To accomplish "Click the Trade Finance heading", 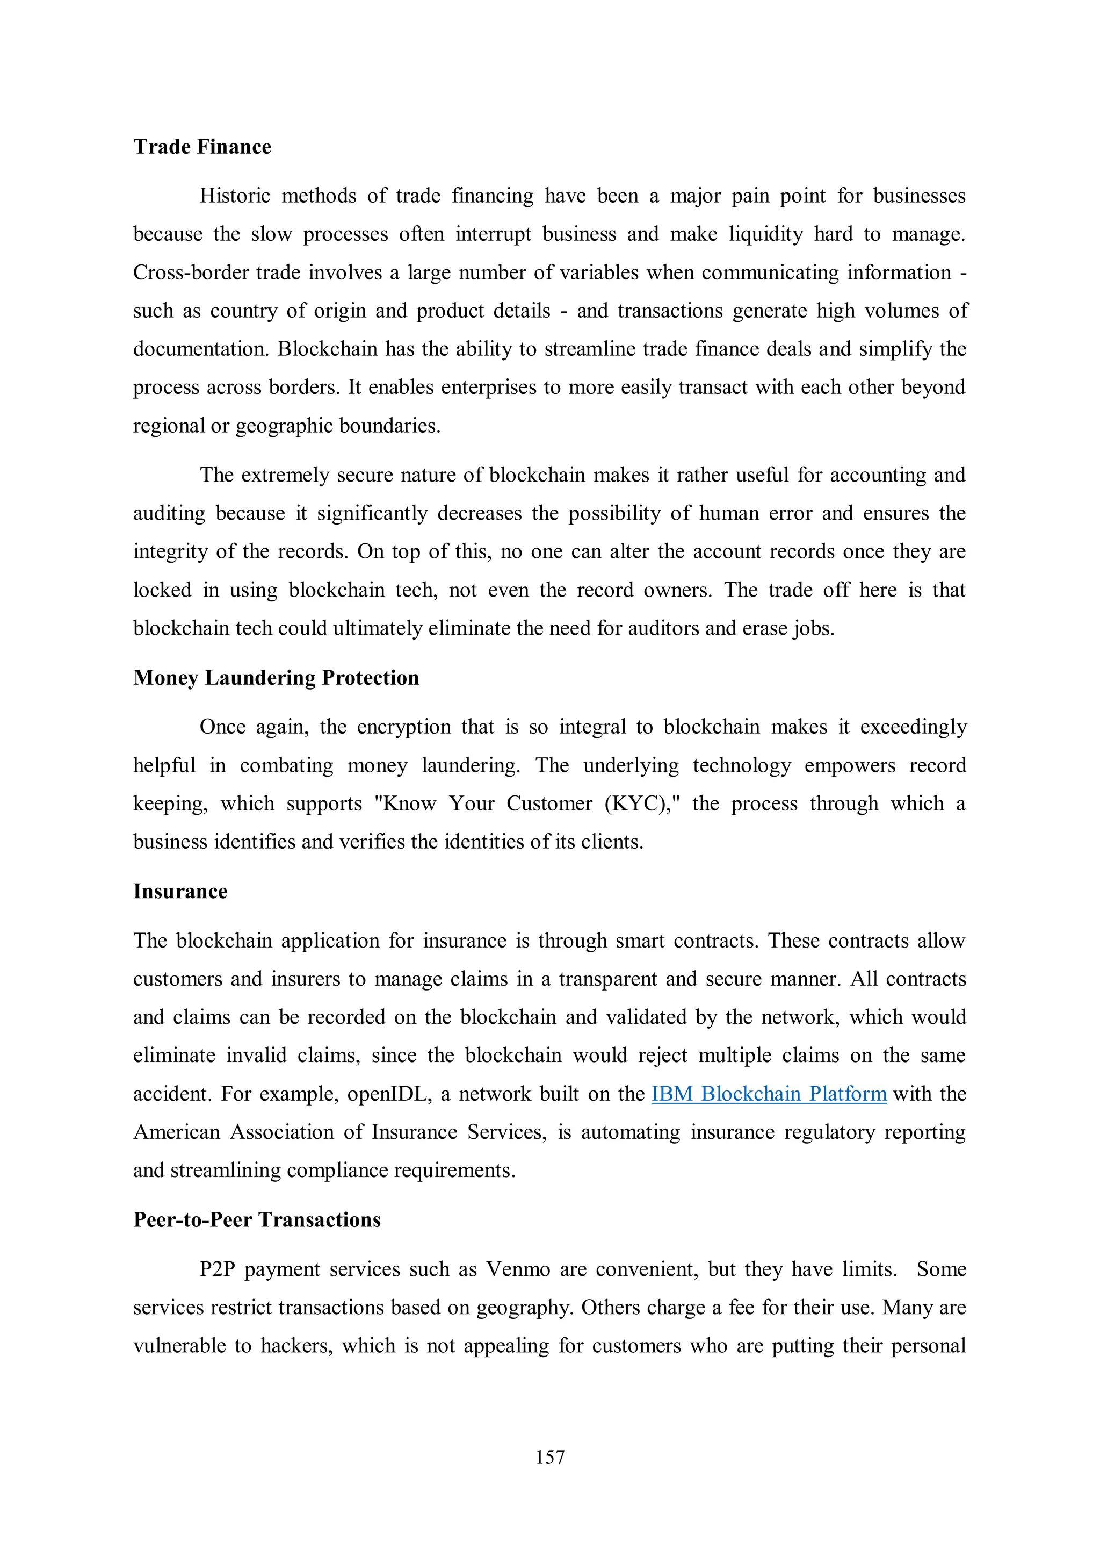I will pos(202,147).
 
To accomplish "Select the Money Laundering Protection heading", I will pos(276,678).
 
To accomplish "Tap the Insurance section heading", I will pos(180,891).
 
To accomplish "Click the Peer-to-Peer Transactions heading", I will pos(257,1220).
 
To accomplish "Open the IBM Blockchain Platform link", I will pos(769,1094).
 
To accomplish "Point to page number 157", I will pos(549,1456).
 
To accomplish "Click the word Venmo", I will pos(518,1269).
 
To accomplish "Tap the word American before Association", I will pos(177,1132).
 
